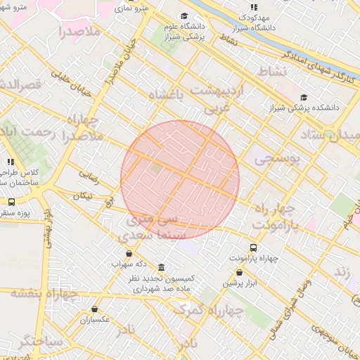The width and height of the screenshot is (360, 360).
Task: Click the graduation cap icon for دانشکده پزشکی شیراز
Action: (304, 98)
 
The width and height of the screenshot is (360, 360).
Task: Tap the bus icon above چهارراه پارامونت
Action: (254, 247)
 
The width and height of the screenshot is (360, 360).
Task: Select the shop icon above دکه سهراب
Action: (129, 254)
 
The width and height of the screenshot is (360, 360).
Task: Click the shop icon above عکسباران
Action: (95, 309)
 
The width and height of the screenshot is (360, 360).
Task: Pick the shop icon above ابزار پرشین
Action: (240, 273)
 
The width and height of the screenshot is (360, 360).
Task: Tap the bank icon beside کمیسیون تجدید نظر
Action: (162, 268)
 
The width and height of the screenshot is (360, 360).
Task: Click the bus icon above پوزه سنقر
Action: (11, 202)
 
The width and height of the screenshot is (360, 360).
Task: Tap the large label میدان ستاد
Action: (330, 134)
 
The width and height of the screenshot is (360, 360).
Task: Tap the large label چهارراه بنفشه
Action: (44, 293)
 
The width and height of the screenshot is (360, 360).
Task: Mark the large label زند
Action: (342, 271)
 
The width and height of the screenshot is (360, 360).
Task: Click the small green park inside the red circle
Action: (155, 169)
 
